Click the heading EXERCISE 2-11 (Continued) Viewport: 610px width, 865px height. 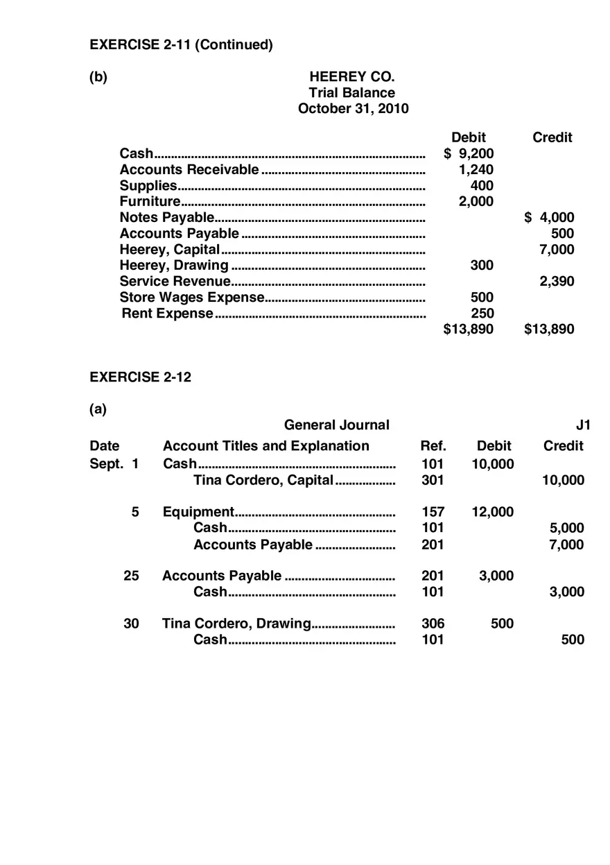tap(181, 45)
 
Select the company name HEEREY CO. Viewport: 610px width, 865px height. tap(351, 77)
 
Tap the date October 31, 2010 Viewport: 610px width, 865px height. tap(353, 109)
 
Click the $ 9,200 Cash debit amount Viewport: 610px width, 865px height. tap(469, 153)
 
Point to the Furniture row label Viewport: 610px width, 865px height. tap(150, 201)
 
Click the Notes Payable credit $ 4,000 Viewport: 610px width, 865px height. tap(549, 217)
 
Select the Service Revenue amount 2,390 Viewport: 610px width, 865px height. tap(557, 281)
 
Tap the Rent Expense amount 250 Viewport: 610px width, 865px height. tap(482, 313)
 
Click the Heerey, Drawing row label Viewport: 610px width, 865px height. tap(173, 265)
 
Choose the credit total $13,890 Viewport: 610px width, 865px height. tap(549, 329)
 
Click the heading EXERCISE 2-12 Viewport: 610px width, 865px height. tap(140, 377)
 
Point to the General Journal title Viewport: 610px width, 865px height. tap(336, 425)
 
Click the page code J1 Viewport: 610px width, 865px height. tap(583, 425)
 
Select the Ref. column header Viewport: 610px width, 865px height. tap(433, 446)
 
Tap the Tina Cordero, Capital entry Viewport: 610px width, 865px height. tap(263, 480)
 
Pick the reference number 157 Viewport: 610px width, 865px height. tap(433, 512)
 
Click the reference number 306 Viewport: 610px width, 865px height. tap(433, 624)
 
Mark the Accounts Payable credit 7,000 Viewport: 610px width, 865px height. tap(566, 545)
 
